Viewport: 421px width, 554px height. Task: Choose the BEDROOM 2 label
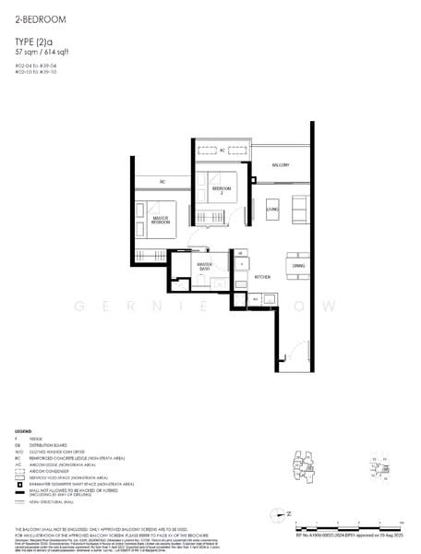pyautogui.click(x=221, y=190)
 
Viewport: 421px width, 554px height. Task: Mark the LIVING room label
pyautogui.click(x=272, y=210)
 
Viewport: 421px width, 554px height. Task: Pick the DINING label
pyautogui.click(x=298, y=266)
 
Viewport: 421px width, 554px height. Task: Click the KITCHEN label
pyautogui.click(x=261, y=276)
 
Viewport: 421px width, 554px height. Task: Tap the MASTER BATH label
pyautogui.click(x=205, y=267)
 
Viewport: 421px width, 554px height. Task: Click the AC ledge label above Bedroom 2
pyautogui.click(x=222, y=150)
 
